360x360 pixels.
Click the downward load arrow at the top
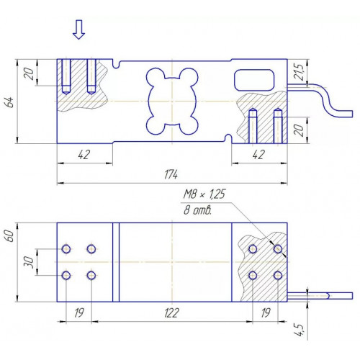(x=78, y=30)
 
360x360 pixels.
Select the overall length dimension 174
(x=171, y=174)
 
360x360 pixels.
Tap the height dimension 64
(x=10, y=102)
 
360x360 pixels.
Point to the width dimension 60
(x=9, y=235)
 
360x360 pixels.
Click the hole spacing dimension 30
(x=28, y=262)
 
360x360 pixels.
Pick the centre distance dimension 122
(x=171, y=312)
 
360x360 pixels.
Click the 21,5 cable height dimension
(x=299, y=72)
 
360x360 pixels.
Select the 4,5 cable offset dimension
(x=299, y=330)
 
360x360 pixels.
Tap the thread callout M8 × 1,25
(x=204, y=194)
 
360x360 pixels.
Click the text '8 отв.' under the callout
(x=197, y=210)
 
